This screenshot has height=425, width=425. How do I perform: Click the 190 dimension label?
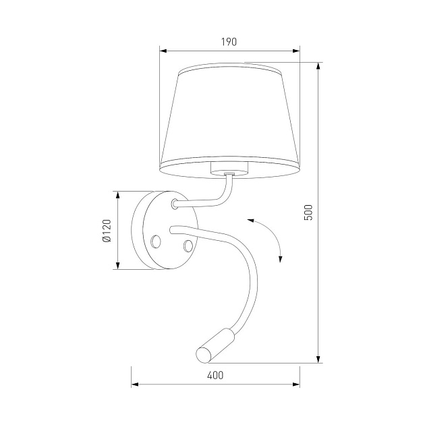(x=229, y=42)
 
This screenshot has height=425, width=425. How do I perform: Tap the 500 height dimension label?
(x=308, y=213)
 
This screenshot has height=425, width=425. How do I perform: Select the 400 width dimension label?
(x=215, y=375)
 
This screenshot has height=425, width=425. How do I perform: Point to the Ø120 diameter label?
(x=107, y=231)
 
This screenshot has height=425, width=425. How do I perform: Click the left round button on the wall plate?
(x=156, y=242)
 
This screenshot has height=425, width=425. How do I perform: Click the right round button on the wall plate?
(x=188, y=246)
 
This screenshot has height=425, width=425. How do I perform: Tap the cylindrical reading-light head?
(x=215, y=345)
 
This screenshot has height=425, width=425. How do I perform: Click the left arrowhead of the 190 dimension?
(x=163, y=51)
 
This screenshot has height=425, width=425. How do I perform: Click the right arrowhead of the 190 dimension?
(x=296, y=51)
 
